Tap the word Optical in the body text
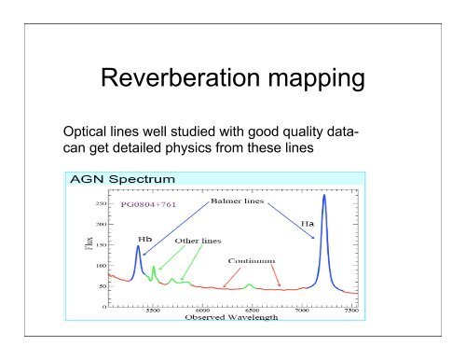tap(82, 132)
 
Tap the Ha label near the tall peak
tap(306, 224)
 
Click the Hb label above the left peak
tap(145, 238)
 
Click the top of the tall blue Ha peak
tap(323, 196)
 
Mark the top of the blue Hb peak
tap(139, 246)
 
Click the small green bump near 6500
tap(249, 284)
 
